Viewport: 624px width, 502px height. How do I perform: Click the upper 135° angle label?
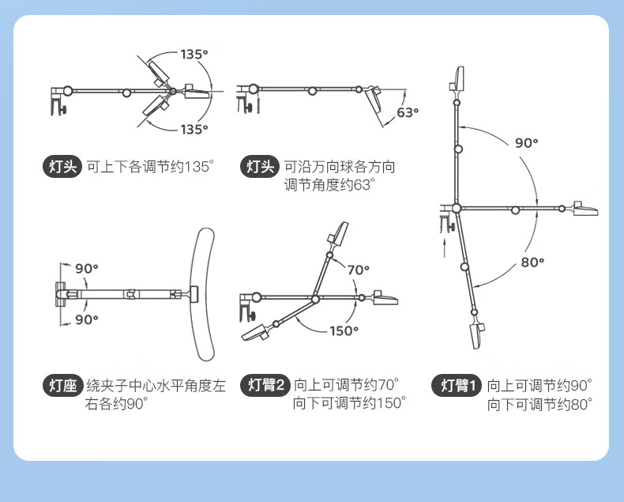[x=194, y=55]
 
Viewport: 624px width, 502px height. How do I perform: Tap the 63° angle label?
[x=407, y=112]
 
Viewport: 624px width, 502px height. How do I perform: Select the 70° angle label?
[x=357, y=270]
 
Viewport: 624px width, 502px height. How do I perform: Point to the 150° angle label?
[x=344, y=331]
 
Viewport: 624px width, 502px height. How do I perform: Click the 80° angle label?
[x=534, y=262]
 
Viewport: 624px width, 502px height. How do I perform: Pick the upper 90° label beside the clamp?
[x=86, y=268]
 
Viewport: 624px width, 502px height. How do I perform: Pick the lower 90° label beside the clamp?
[x=86, y=319]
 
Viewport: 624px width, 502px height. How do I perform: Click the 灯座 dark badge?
[x=62, y=386]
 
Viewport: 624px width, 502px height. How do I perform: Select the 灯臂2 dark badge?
[x=265, y=386]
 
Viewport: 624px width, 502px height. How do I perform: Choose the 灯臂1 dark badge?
[x=457, y=386]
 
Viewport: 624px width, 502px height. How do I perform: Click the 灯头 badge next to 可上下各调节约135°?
[x=62, y=167]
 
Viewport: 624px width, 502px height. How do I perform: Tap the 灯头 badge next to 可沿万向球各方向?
[x=261, y=167]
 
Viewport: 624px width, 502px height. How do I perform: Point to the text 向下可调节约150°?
[x=350, y=403]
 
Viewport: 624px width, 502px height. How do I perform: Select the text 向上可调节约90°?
[x=539, y=386]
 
